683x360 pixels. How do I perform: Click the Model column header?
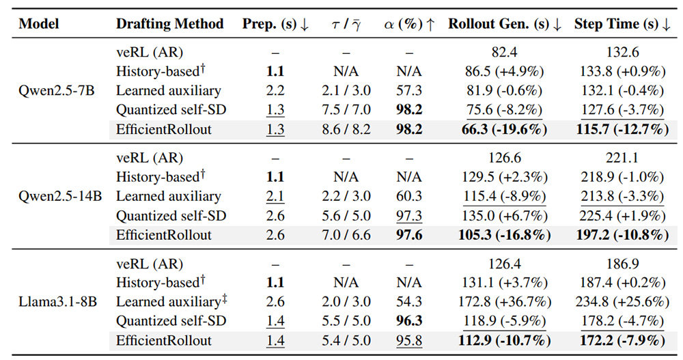coord(39,23)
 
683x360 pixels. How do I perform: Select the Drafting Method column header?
coord(170,23)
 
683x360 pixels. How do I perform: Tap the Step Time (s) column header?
coord(622,24)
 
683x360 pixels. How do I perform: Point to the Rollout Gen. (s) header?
coord(505,24)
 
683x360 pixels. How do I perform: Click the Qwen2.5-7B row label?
coord(57,91)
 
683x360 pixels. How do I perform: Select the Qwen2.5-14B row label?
coord(60,196)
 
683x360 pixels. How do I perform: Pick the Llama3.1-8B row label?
coord(58,302)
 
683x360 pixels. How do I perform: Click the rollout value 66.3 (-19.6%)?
coord(505,129)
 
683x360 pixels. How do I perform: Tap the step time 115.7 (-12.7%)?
coord(622,129)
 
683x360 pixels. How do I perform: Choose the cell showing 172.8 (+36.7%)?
coord(505,302)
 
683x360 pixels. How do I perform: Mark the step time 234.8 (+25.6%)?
coord(622,302)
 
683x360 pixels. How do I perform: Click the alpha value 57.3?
coord(409,91)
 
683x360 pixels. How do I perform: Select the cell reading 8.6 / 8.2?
coord(346,129)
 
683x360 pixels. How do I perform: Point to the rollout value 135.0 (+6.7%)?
coord(505,216)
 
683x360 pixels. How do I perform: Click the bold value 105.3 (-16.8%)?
coord(505,235)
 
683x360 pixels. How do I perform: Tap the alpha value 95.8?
coord(409,340)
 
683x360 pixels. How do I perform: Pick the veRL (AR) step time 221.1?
coord(622,158)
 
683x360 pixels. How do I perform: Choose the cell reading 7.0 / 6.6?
coord(346,235)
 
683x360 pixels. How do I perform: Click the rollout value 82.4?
coord(505,53)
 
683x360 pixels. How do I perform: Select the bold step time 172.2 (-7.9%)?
coord(622,340)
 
